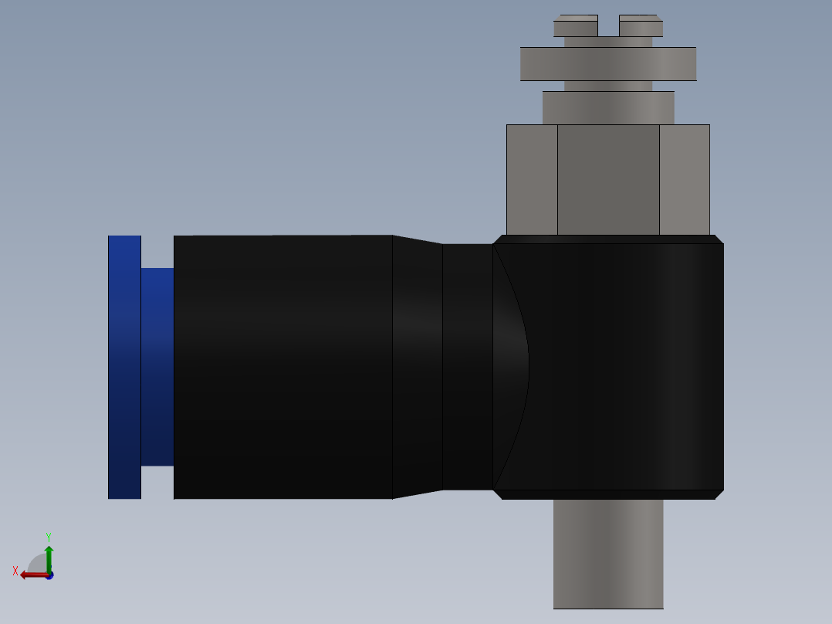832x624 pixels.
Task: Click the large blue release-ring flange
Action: click(x=124, y=367)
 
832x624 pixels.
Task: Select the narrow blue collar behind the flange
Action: click(x=157, y=367)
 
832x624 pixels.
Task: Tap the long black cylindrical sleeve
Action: click(x=282, y=367)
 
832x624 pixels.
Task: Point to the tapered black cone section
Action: click(x=417, y=367)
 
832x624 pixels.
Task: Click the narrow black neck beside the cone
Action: click(x=468, y=367)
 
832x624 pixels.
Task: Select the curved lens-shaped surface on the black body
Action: click(x=509, y=367)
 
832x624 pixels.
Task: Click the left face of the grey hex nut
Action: click(x=532, y=179)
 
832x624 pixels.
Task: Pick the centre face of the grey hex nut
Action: click(x=608, y=179)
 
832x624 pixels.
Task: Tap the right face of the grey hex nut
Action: click(x=685, y=179)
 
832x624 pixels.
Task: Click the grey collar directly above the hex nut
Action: click(x=608, y=108)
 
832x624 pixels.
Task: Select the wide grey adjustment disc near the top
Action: click(x=608, y=64)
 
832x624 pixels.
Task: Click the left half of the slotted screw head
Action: click(x=575, y=26)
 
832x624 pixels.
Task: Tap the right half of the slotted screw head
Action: click(x=641, y=26)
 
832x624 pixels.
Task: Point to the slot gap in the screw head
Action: click(x=608, y=28)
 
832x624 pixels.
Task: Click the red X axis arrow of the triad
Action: click(x=32, y=574)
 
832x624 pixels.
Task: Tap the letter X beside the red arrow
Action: click(x=15, y=571)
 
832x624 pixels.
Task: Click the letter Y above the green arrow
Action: click(x=48, y=536)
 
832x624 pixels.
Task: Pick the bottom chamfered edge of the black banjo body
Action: click(x=608, y=494)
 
